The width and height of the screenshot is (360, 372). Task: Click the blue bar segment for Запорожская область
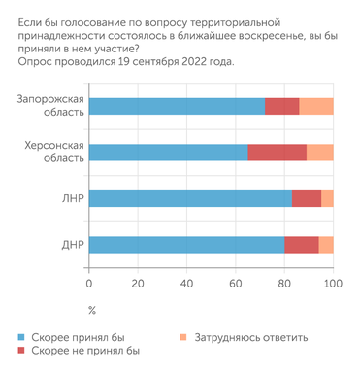(x=177, y=107)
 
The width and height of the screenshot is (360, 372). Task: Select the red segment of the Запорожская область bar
(x=281, y=107)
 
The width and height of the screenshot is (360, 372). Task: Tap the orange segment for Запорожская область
(x=315, y=107)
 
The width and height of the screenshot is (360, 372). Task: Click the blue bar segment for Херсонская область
(x=168, y=152)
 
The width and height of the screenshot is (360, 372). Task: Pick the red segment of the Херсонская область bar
(x=277, y=152)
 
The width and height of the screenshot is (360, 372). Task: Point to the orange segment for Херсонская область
(x=319, y=152)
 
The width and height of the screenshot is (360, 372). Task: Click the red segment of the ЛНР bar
(x=307, y=198)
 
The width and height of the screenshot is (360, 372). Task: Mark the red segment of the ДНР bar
(x=302, y=244)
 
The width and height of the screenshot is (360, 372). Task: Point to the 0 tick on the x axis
(x=89, y=284)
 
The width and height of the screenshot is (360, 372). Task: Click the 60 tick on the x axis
(x=236, y=284)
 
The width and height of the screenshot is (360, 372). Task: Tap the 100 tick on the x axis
(x=333, y=284)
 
